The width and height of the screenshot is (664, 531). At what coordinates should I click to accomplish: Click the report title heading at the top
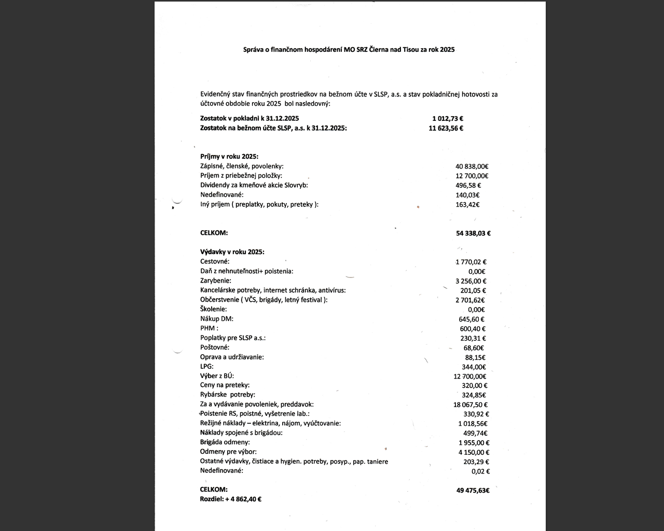coord(349,50)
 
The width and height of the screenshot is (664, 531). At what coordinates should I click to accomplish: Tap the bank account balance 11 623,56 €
coord(446,128)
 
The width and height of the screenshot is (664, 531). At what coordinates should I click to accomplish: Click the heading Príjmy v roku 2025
coord(229,157)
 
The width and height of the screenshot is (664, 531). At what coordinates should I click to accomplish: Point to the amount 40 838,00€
coord(472,166)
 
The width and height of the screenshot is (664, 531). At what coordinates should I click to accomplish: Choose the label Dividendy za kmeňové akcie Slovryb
coord(257,185)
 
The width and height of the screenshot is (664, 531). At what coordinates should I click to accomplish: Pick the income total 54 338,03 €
coord(473,233)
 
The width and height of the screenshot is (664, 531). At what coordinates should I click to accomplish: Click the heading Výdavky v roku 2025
coord(232,252)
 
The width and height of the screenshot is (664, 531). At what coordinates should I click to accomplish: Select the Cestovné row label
coord(215,262)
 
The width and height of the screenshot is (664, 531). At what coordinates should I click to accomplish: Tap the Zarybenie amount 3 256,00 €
coord(471,281)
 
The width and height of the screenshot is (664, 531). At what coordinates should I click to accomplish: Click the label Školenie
coord(213,310)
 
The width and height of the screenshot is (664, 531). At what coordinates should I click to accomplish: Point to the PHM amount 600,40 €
coord(472,329)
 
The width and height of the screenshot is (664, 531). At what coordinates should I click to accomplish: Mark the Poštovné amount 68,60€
coord(474,348)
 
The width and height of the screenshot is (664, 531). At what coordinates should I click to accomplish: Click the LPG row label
coord(207,367)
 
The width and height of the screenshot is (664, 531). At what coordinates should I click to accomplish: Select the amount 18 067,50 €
coord(470,404)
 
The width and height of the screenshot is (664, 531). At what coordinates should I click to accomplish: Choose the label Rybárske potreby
coord(228,395)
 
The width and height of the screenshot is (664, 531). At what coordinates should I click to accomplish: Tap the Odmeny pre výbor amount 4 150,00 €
coord(474,452)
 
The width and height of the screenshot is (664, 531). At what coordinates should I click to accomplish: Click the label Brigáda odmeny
coord(225,442)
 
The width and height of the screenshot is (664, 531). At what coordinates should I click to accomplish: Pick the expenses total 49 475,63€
coord(473,490)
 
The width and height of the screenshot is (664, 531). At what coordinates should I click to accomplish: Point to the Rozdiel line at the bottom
coord(230,499)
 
